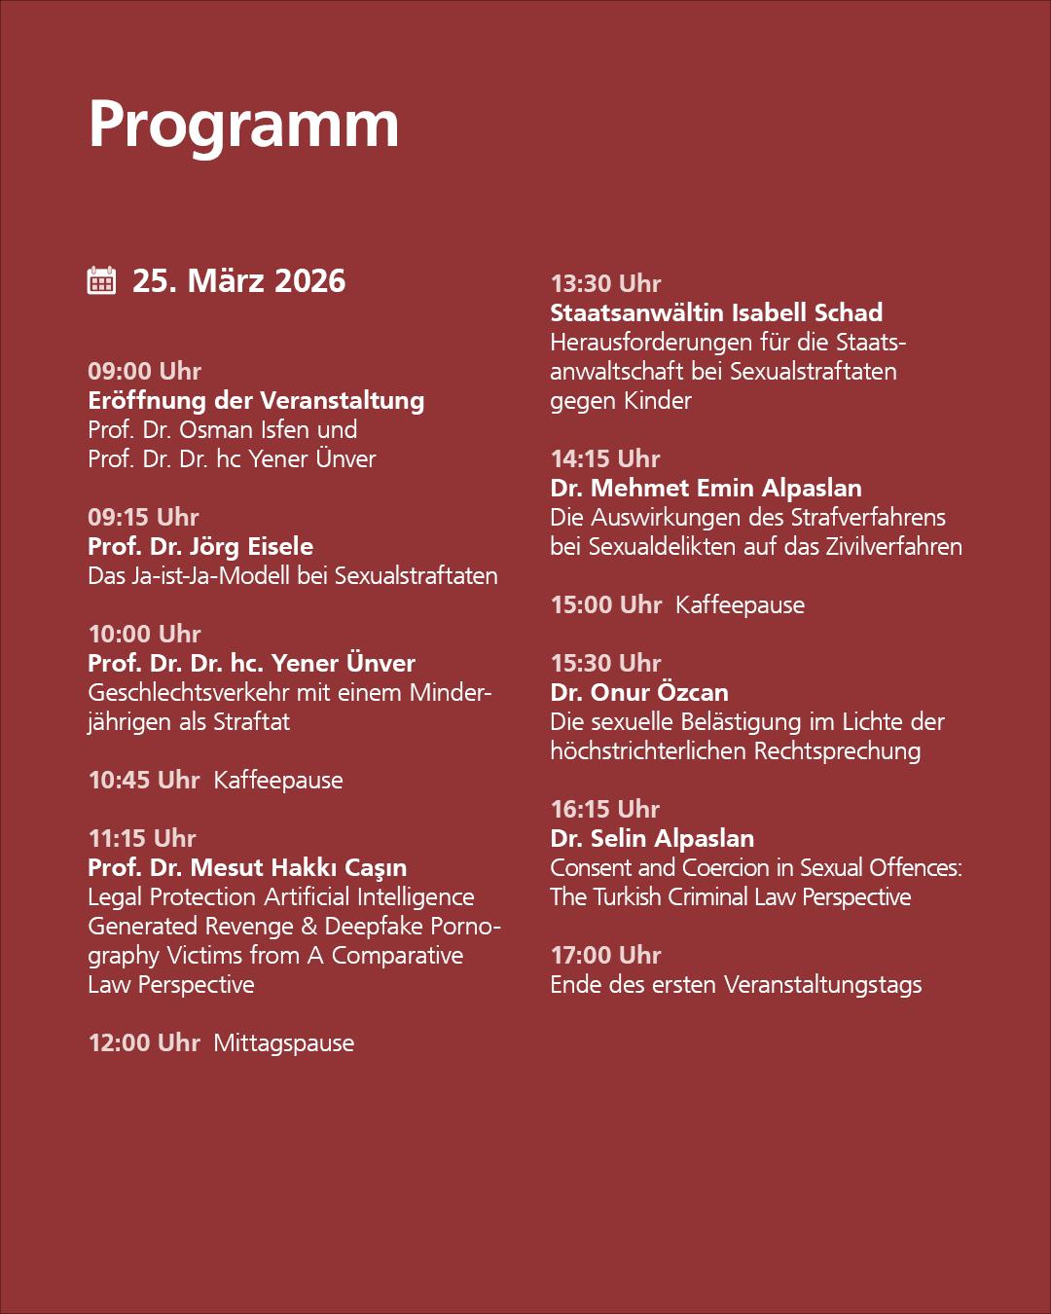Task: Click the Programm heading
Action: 243,125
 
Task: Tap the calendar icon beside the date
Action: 102,280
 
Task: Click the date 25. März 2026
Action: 238,280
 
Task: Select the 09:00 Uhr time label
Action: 144,371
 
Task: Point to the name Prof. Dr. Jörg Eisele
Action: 200,546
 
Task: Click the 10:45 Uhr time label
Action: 144,780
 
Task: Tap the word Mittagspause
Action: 284,1042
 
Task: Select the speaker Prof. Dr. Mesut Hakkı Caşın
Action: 247,867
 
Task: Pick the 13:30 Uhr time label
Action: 605,283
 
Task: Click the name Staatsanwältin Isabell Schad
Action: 716,312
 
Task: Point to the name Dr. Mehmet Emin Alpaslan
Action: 706,488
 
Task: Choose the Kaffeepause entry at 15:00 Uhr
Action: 740,604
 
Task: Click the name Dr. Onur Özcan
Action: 639,692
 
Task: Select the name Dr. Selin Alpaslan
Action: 652,838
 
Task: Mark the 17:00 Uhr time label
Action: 605,955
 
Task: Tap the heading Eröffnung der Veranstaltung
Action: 256,400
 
